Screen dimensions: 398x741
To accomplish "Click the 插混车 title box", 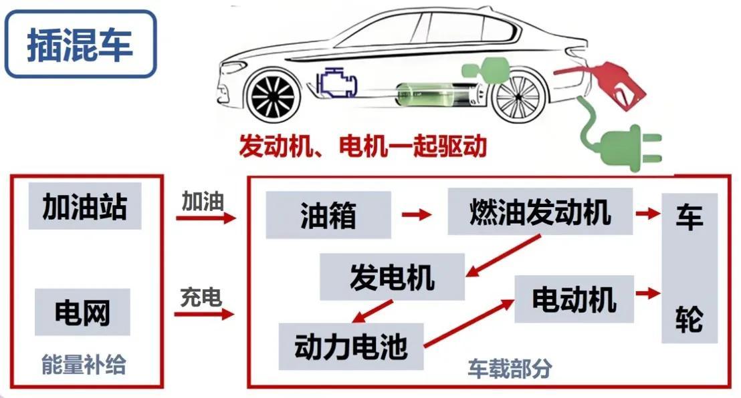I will pos(80,44).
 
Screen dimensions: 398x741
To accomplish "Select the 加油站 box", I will pos(85,206).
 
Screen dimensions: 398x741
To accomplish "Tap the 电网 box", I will pos(82,311).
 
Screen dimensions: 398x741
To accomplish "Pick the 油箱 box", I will pos(328,215).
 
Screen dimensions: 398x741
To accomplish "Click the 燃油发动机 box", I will pos(540,212).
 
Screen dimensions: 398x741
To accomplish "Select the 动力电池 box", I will pos(351,346).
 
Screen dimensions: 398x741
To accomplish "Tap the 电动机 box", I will pos(574,300).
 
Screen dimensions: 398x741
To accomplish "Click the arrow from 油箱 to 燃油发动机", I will pos(418,215).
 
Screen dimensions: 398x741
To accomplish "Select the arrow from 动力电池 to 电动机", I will pos(468,323).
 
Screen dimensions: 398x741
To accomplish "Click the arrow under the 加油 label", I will pos(206,218).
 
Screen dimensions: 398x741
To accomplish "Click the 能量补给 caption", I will pos(84,365).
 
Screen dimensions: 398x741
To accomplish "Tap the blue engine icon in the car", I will pos(338,83).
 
